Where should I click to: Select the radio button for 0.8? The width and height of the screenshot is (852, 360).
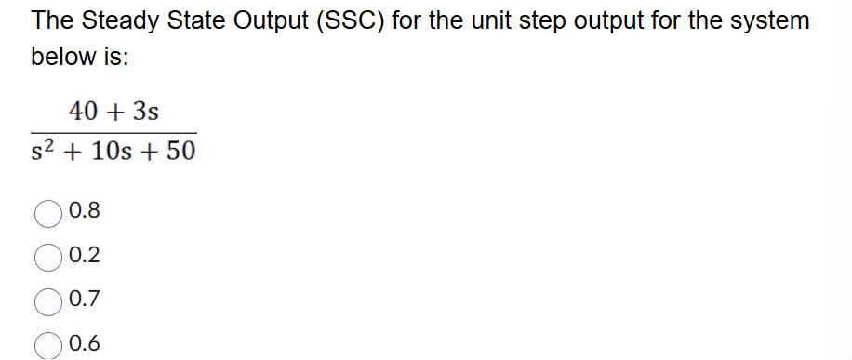(x=49, y=212)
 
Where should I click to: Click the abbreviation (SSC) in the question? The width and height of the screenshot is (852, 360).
(x=351, y=21)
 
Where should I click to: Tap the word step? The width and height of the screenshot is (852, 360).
(x=544, y=21)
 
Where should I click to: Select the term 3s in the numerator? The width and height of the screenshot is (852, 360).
(x=145, y=113)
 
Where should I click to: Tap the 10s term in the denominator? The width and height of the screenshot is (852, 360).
(x=109, y=152)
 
